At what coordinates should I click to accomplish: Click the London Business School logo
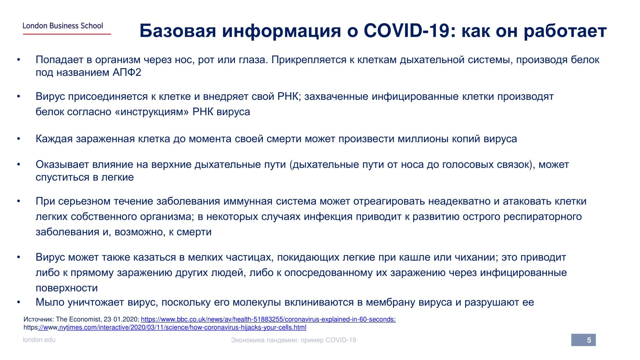point(67,28)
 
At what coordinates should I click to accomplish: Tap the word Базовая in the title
point(178,31)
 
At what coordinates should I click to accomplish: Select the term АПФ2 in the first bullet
point(127,72)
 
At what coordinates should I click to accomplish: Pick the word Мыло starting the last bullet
point(50,302)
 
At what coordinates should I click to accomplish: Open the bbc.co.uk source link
point(268,319)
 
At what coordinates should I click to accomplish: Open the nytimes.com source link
point(165,327)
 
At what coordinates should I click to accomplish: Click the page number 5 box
point(583,340)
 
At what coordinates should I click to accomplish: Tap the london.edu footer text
point(39,340)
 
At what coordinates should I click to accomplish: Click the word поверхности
point(67,288)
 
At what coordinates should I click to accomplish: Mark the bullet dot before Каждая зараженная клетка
point(19,139)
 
